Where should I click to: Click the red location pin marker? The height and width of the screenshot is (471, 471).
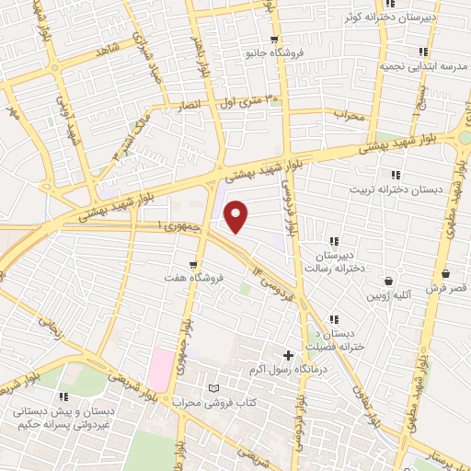click(x=237, y=217)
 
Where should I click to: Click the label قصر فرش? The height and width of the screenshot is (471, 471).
click(x=446, y=289)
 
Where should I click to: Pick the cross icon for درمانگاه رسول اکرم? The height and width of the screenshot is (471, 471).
click(x=288, y=355)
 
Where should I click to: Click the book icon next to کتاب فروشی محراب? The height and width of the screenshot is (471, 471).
click(x=215, y=389)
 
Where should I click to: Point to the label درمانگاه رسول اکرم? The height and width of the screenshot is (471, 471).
click(x=281, y=370)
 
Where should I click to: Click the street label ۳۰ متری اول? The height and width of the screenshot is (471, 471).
click(x=246, y=102)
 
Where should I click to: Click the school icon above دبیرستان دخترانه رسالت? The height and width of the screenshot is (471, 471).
click(x=334, y=242)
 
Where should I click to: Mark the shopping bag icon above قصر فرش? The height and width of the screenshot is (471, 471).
click(x=446, y=273)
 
